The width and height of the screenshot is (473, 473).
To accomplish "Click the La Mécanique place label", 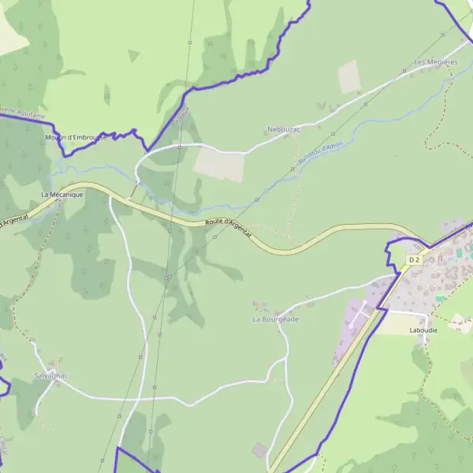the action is (61, 194).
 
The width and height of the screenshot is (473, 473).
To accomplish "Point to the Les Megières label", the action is (435, 61).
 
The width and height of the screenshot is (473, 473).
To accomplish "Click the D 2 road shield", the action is (415, 259).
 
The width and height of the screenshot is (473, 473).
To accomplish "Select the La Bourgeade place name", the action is (276, 319).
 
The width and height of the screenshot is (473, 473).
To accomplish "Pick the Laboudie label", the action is (423, 330).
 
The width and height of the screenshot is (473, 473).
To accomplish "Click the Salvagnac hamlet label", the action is (50, 375).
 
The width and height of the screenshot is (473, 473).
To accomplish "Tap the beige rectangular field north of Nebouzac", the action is (349, 76).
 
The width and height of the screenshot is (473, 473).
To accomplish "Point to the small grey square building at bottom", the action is (259, 450).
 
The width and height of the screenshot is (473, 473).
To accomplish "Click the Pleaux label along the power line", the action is (183, 118).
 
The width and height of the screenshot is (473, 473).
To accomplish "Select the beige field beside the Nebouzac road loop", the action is (220, 165).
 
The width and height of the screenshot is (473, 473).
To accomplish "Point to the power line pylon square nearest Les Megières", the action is (404, 71).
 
